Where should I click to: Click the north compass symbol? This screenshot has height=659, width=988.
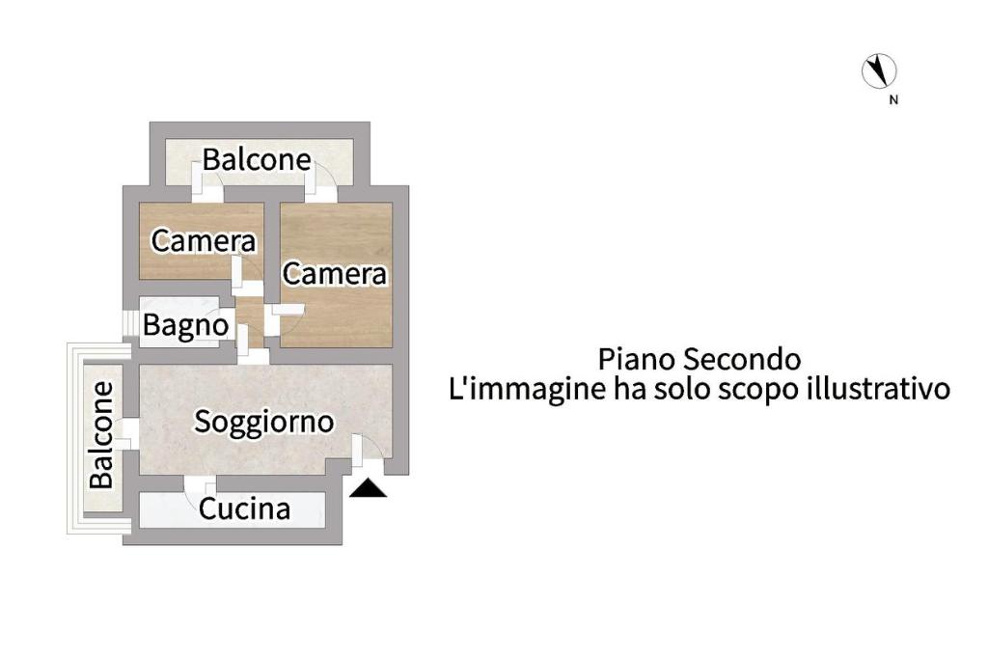879,70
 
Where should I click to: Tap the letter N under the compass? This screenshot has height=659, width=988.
893,99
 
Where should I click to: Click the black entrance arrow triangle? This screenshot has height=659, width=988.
368,489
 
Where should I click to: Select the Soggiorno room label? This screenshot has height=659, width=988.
264,422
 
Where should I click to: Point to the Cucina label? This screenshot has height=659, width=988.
244,508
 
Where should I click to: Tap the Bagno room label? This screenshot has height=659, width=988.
185,326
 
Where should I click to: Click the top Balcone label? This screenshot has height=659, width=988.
257,159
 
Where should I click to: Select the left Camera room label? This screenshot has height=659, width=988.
204,240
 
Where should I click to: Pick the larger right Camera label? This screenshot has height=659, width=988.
335,274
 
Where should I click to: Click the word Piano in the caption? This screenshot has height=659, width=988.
637,359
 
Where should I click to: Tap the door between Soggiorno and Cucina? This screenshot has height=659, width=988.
200,483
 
